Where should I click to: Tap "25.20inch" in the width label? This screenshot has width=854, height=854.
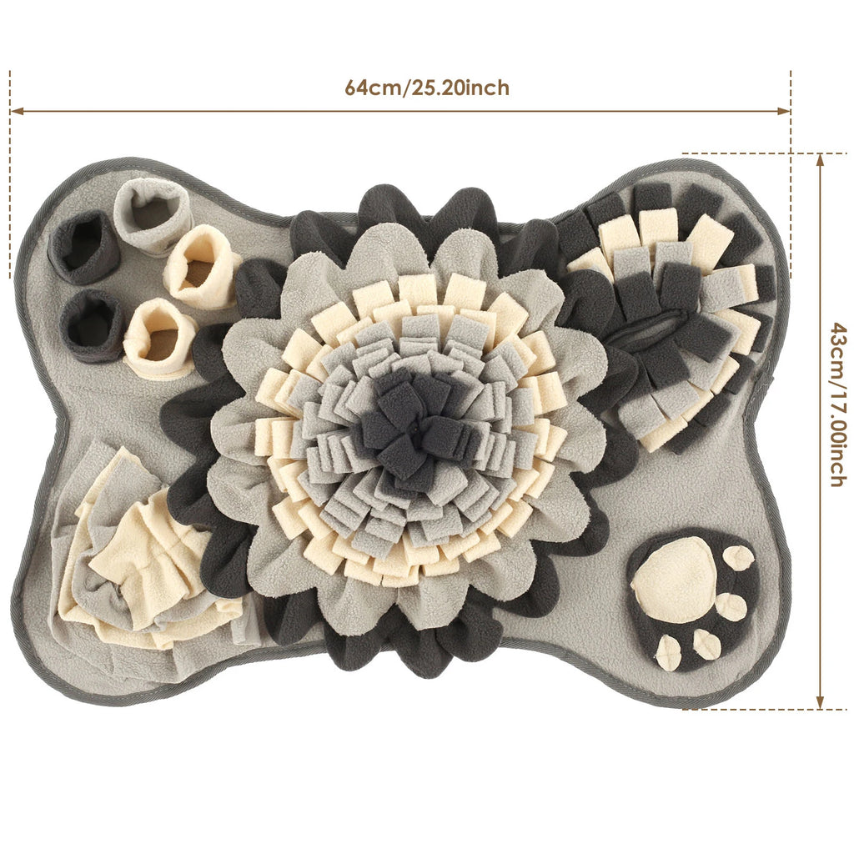[x=460, y=88]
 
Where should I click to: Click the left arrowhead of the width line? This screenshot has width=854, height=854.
[x=17, y=111]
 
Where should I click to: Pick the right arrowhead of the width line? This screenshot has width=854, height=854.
[x=783, y=111]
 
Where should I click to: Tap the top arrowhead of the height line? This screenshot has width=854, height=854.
[x=821, y=160]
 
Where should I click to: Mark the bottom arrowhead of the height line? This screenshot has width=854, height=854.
[x=821, y=702]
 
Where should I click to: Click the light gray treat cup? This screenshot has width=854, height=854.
[x=153, y=216]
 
